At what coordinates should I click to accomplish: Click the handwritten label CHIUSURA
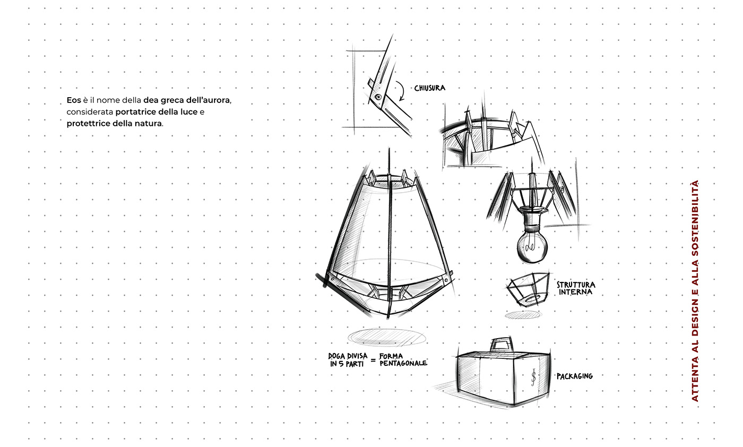pos(429,88)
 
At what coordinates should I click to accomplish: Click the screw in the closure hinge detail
pos(378,97)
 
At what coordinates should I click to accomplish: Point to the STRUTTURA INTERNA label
pos(576,288)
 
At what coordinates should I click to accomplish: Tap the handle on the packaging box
pos(502,345)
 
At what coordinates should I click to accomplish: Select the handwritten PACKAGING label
pos(574,376)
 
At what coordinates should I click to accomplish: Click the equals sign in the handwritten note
pos(374,360)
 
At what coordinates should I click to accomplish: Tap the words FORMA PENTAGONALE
pos(403,360)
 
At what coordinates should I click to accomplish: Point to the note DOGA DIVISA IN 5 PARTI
pos(348,360)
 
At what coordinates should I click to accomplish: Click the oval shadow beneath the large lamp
pos(387,338)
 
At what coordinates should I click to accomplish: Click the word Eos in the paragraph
pos(74,100)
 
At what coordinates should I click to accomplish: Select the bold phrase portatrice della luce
pos(156,112)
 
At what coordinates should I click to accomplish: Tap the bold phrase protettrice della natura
pos(114,124)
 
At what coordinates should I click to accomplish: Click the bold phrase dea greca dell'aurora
pos(187,100)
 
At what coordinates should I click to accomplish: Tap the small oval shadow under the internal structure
pos(523,315)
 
